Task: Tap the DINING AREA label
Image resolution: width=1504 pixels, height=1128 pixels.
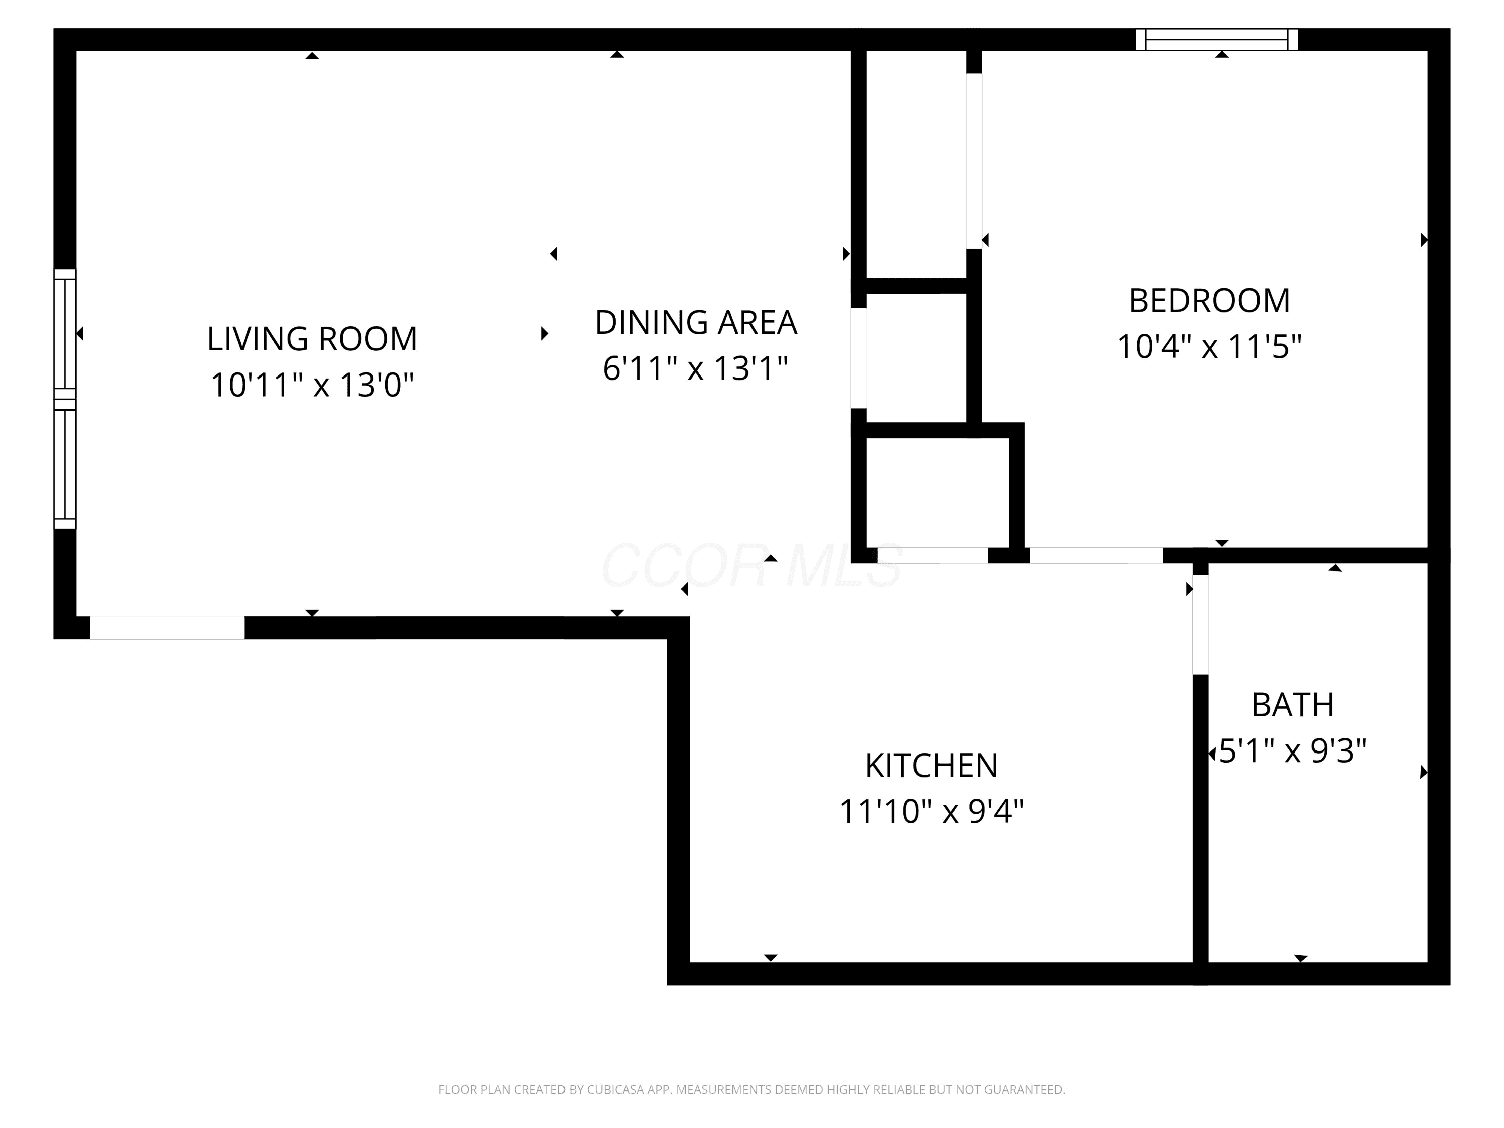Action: coord(695,322)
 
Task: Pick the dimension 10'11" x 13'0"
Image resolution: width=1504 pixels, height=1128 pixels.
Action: coord(312,385)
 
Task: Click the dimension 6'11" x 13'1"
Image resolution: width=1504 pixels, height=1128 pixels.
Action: coord(695,368)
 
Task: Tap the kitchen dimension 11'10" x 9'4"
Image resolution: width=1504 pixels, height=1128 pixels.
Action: coord(931,811)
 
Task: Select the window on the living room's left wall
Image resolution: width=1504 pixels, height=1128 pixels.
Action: coord(65,399)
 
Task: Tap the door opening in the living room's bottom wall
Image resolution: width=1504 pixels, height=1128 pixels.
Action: coord(167,628)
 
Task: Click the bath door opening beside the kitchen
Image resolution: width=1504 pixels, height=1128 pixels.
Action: coord(1201,625)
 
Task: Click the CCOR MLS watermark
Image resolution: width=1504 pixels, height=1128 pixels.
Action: coord(752,566)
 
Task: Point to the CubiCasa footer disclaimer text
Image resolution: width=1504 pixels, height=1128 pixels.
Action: coord(751,1090)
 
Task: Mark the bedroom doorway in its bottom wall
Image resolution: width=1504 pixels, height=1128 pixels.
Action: coord(1096,555)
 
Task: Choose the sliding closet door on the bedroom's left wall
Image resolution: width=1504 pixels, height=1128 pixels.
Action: coord(974,161)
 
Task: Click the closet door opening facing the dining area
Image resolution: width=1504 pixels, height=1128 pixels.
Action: coord(859,358)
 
